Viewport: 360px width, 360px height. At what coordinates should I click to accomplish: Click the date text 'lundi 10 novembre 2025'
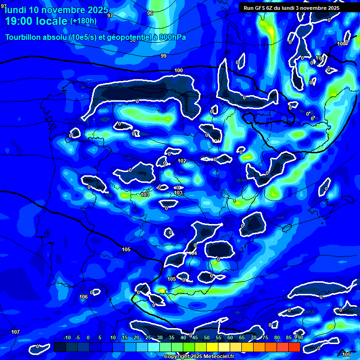pyautogui.click(x=56, y=10)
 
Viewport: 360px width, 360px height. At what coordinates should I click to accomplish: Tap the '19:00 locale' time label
pyautogui.click(x=36, y=21)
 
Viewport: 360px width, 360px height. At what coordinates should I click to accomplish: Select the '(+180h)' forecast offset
pyautogui.click(x=83, y=21)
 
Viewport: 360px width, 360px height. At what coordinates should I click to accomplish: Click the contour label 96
pyautogui.click(x=150, y=13)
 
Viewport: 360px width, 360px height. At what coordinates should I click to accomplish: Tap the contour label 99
pyautogui.click(x=164, y=56)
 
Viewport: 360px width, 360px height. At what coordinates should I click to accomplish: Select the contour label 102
pyautogui.click(x=182, y=161)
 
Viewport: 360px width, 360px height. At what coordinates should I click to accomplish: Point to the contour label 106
pyautogui.click(x=83, y=297)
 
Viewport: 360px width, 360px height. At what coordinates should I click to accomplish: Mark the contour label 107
pyautogui.click(x=15, y=332)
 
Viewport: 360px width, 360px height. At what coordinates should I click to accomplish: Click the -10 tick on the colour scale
pyautogui.click(x=67, y=337)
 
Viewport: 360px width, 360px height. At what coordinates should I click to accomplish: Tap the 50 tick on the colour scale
pyautogui.click(x=206, y=337)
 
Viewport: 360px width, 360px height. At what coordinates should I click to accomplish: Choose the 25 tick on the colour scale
pyautogui.click(x=148, y=337)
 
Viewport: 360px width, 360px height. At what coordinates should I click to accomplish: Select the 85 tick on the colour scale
pyautogui.click(x=288, y=337)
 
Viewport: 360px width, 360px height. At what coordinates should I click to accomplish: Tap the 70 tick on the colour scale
pyautogui.click(x=253, y=337)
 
